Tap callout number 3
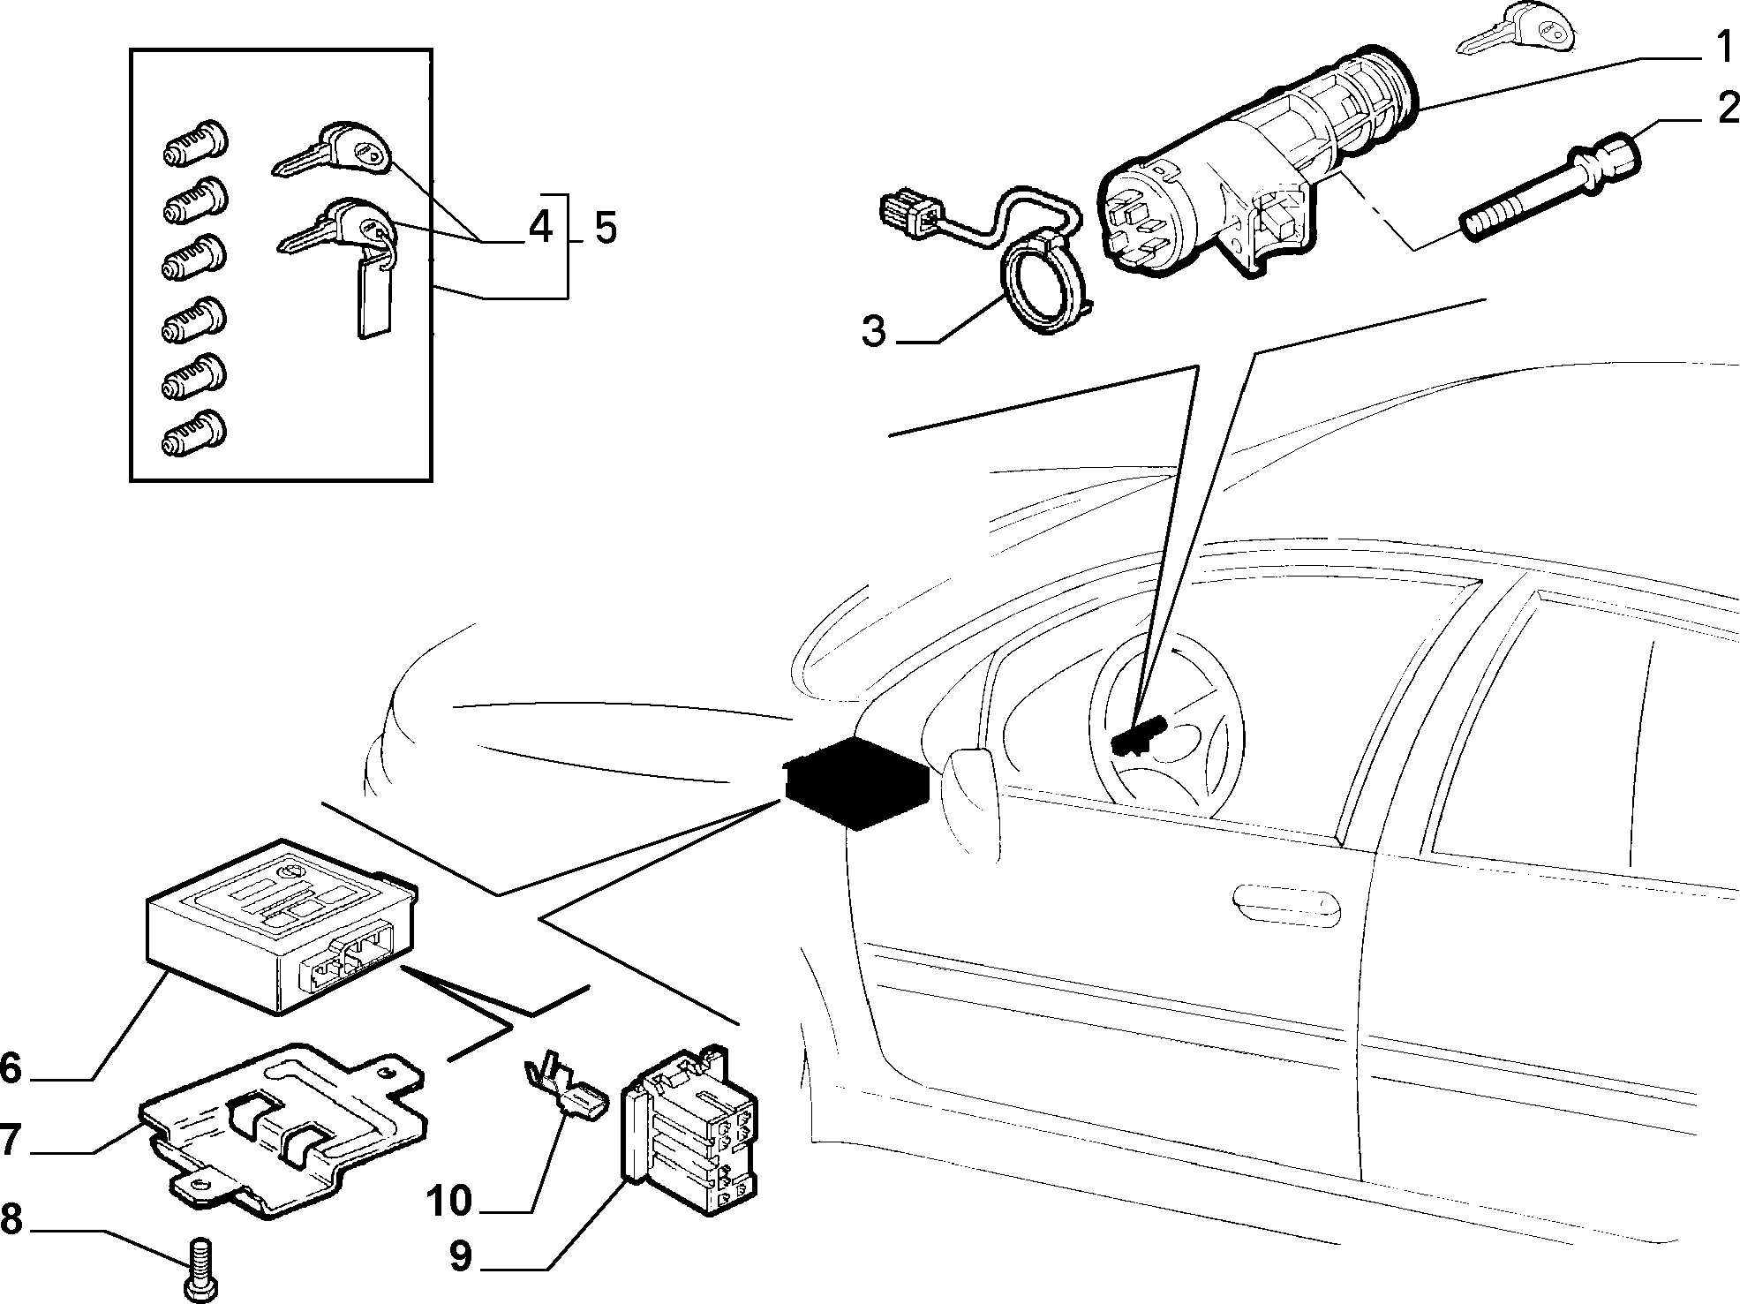pyautogui.click(x=873, y=333)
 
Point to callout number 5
pyautogui.click(x=605, y=228)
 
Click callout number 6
pyautogui.click(x=10, y=1067)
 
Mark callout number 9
pyautogui.click(x=461, y=1257)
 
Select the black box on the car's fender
pyautogui.click(x=855, y=782)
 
